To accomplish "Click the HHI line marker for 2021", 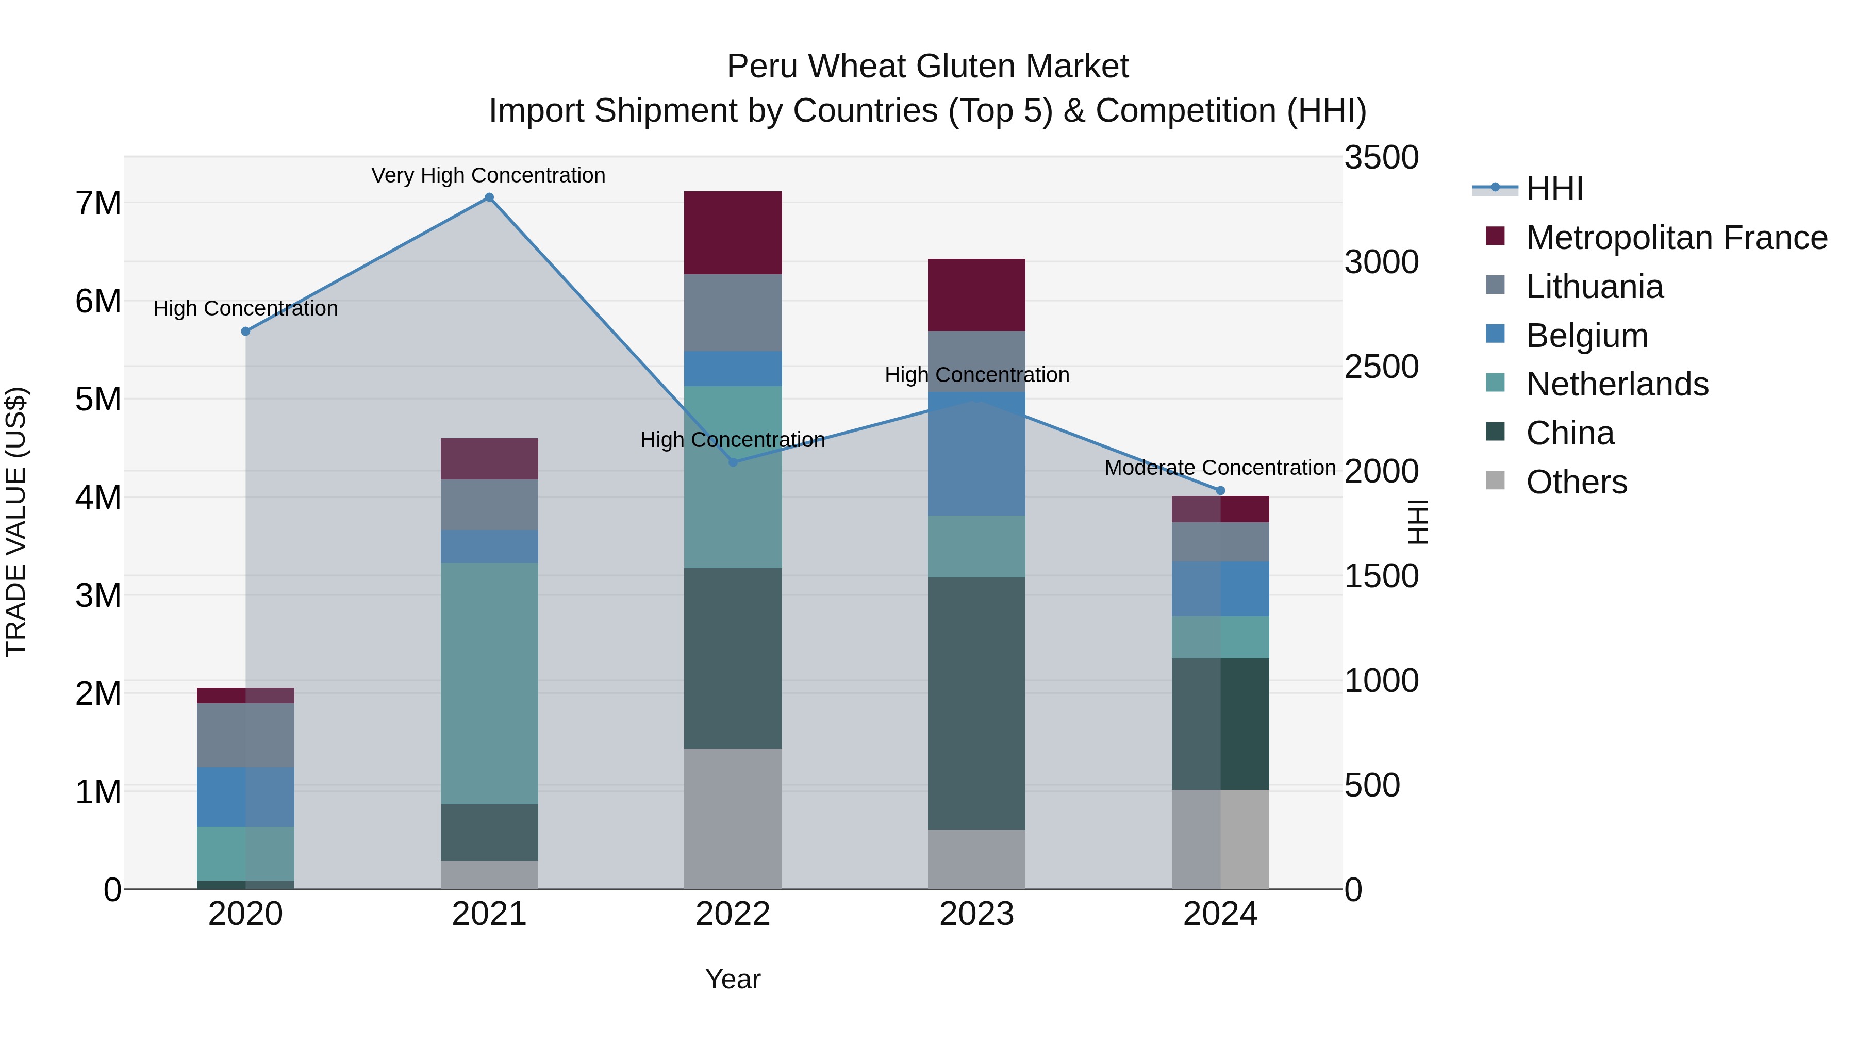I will coord(489,197).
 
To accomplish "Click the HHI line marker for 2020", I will coord(246,332).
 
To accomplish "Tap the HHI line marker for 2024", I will coord(1220,491).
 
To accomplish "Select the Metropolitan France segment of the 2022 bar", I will coord(733,233).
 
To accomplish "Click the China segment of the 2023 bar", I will coord(976,703).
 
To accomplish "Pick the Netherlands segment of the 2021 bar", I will coord(489,683).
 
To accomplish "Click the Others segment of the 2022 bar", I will coord(733,819).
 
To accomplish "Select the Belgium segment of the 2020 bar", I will coord(246,797).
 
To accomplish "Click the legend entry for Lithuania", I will coord(1595,287).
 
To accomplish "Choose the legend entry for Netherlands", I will coord(1617,384).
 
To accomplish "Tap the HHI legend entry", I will coord(1554,189).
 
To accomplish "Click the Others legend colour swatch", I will coord(1495,480).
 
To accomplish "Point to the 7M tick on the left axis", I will coord(98,204).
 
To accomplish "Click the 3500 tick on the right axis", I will coord(1381,158).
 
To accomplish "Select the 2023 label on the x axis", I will coord(976,914).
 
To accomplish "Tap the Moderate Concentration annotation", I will coord(1220,468).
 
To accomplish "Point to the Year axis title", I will coord(733,979).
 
